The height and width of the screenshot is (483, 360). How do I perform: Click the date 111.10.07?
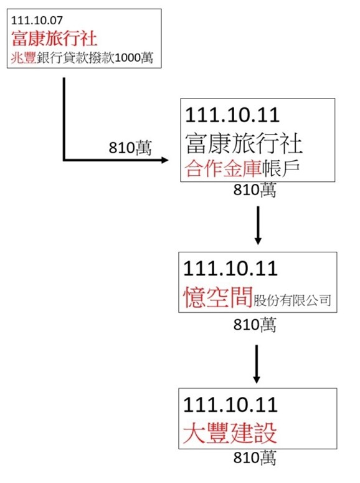pos(37,21)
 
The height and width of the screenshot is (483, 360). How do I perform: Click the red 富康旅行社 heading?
pos(54,39)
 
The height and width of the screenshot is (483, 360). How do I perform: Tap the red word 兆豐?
pos(24,57)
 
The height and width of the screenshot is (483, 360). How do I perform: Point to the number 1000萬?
pos(134,57)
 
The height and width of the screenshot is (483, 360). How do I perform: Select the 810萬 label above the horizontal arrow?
pos(130,148)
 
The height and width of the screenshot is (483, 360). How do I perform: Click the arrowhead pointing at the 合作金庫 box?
pos(165,160)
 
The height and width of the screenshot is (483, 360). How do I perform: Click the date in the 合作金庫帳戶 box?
pos(232,115)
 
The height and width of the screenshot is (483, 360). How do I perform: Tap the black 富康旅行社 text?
pos(244,143)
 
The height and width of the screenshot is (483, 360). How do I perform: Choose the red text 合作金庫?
pos(223,168)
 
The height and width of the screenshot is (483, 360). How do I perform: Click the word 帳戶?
pos(280,168)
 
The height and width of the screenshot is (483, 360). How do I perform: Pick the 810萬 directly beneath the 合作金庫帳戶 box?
pos(255,189)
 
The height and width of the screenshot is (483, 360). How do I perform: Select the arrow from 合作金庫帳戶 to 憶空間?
pos(258,226)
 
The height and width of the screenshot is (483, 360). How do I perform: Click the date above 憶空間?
pos(230,269)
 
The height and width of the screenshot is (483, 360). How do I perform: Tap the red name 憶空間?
pos(218,297)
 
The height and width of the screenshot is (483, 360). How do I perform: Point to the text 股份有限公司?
pos(292,300)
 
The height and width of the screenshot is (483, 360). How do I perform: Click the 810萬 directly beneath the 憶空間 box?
pos(255,324)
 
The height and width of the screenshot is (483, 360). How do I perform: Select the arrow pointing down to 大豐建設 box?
pos(257,364)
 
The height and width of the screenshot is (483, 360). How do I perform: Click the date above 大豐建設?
pos(230,404)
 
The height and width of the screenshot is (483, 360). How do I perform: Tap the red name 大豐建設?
pos(230,433)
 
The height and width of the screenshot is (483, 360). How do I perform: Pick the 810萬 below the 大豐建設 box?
pos(255,457)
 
